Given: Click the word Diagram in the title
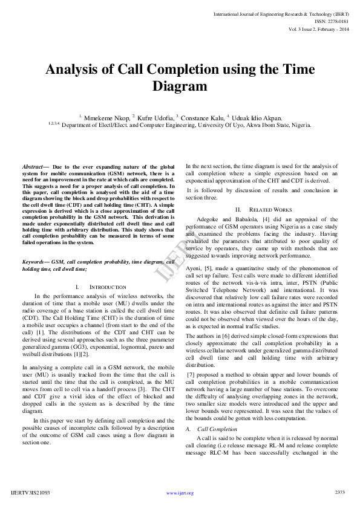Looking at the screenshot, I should coord(180,86).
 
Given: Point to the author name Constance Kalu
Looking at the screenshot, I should coord(203,118).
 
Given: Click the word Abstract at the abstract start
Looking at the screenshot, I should coord(33,166).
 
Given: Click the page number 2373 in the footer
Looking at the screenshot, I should coord(339,492).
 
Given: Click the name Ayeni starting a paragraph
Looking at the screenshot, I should coord(194,267).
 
